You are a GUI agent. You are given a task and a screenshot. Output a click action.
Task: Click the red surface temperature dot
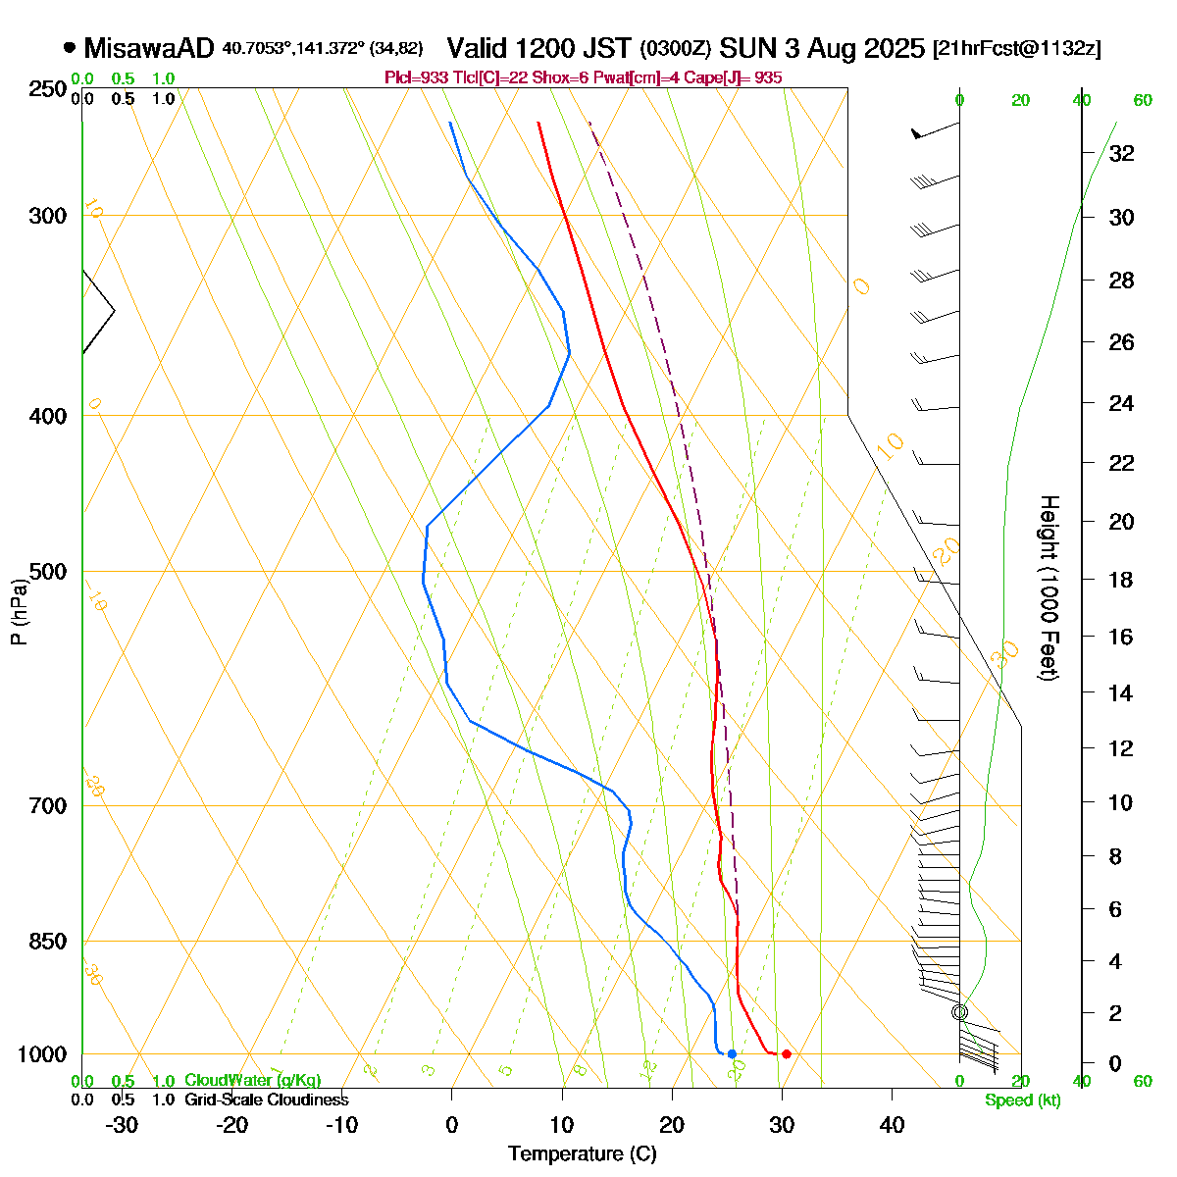point(786,1053)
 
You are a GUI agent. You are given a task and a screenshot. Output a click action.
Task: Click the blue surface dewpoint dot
point(732,1053)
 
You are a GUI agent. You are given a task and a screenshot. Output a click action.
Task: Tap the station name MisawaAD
point(148,48)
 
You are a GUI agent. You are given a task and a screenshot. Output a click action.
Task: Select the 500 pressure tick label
point(48,572)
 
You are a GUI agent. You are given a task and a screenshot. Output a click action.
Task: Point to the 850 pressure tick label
point(48,942)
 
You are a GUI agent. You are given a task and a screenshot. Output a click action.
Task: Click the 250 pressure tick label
point(48,89)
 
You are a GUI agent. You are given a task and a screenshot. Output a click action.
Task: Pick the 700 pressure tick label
point(48,806)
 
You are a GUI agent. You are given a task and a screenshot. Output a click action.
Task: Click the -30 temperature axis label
point(122,1124)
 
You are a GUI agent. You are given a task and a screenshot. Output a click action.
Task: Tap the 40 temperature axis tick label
point(892,1124)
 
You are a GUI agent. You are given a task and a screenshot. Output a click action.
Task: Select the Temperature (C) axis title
point(583,1154)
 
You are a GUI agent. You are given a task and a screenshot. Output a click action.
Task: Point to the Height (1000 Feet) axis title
point(1049,588)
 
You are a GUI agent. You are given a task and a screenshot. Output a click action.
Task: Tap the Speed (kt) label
point(1023,1100)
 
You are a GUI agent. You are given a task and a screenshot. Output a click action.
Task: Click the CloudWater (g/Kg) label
point(252,1081)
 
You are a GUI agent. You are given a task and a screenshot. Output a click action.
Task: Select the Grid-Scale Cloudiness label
point(266,1100)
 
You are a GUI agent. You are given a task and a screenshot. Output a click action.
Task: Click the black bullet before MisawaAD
point(70,46)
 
